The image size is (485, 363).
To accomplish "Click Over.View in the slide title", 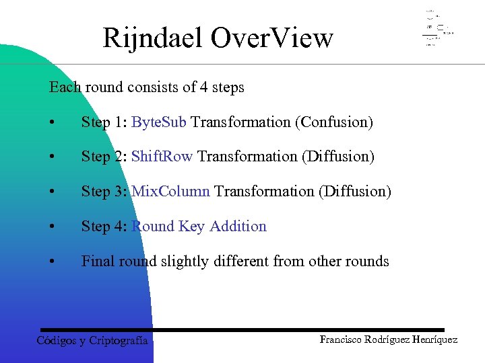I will [x=271, y=38].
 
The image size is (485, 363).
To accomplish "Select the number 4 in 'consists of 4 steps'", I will [x=191, y=87].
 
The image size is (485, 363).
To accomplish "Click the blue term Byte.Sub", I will [x=160, y=122].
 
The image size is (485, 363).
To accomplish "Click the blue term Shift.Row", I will [x=162, y=157].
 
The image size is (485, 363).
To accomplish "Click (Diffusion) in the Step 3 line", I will [x=354, y=192].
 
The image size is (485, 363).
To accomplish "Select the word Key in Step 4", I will [x=192, y=227].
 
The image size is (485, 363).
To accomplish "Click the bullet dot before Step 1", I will [x=52, y=123].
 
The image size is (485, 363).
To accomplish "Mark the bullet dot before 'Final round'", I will [x=52, y=261].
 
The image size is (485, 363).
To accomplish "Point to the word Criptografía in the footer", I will [x=119, y=341].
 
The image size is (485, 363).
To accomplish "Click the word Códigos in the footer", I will [x=56, y=341].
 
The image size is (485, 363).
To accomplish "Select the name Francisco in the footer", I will [x=342, y=339].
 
